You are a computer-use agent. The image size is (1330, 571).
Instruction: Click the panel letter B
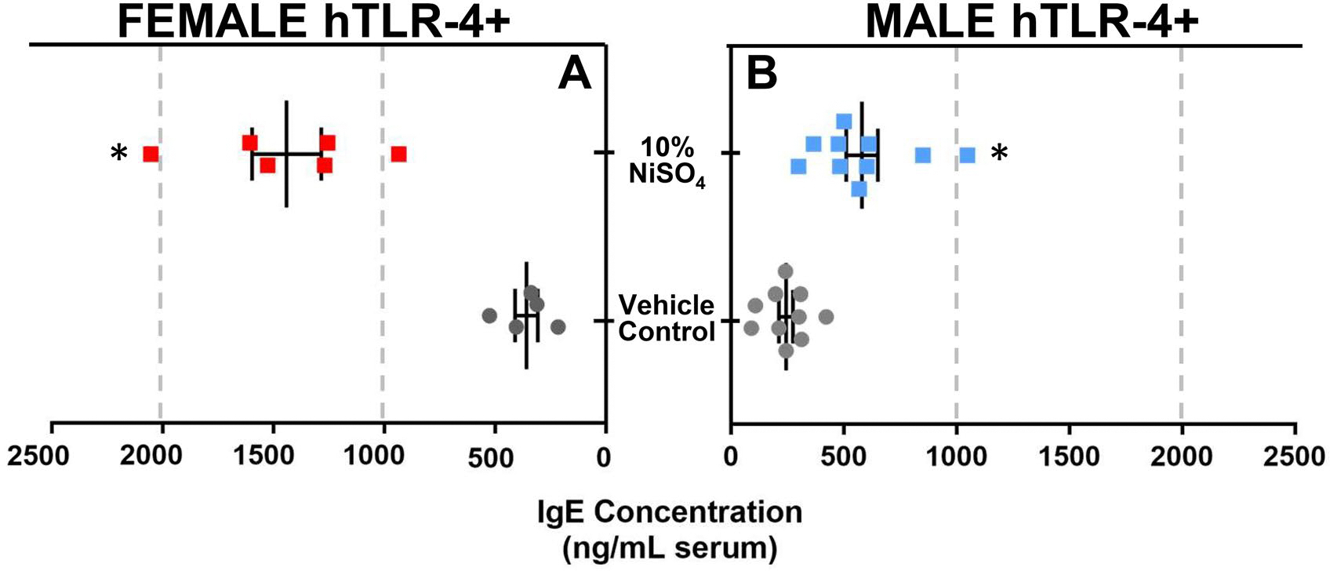[x=761, y=75]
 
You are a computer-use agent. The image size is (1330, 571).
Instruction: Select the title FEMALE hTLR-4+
[x=314, y=22]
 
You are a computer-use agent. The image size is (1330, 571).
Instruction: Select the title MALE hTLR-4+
[x=1032, y=22]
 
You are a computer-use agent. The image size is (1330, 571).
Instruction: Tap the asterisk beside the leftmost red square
[x=118, y=153]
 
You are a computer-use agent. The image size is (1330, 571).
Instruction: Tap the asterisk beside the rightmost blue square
[x=999, y=154]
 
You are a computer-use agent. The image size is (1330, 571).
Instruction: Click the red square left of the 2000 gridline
[x=151, y=154]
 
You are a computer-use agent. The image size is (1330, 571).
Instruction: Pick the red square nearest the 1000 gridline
[x=399, y=154]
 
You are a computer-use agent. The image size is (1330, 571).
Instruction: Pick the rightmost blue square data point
[x=968, y=155]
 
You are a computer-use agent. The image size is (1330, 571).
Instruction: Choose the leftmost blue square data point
[x=798, y=166]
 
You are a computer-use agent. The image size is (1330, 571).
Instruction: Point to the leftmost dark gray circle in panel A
[x=489, y=315]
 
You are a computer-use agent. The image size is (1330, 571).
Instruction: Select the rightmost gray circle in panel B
[x=826, y=317]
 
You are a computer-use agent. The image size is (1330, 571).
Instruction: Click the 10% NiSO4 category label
[x=667, y=161]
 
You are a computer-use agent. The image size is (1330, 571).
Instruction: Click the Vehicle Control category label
[x=667, y=318]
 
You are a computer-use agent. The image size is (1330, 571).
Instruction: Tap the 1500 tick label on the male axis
[x=1069, y=456]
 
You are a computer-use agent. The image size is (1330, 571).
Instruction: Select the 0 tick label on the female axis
[x=604, y=456]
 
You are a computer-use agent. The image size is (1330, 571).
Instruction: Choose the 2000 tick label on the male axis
[x=1181, y=456]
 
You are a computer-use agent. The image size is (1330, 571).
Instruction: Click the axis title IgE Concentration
[x=670, y=512]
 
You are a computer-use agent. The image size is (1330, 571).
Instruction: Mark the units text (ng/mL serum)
[x=670, y=548]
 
